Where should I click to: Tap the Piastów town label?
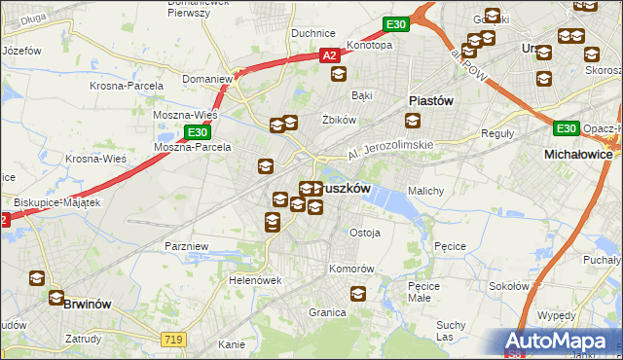[430, 99]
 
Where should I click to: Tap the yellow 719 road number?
[173, 337]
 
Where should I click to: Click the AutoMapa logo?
[557, 342]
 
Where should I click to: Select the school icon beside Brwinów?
[38, 279]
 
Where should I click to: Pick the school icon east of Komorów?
[359, 292]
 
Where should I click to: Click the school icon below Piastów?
[413, 121]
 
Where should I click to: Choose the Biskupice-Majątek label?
[57, 202]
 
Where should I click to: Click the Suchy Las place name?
[451, 330]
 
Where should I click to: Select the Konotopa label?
[369, 45]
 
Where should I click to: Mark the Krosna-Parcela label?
[127, 85]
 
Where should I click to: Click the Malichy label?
[426, 191]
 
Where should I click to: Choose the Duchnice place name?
[313, 33]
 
